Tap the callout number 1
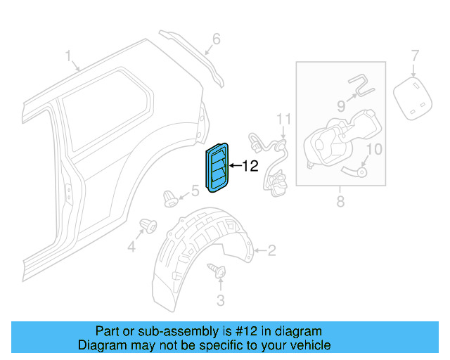pos(69,56)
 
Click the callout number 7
pos(415,55)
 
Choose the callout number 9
pos(340,106)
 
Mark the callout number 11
pos(283,117)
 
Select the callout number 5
pos(195,191)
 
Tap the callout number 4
pos(131,246)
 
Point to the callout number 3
pos(220,301)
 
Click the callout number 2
pos(271,250)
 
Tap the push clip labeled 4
pos(148,225)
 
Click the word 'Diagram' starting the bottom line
pos(101,345)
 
